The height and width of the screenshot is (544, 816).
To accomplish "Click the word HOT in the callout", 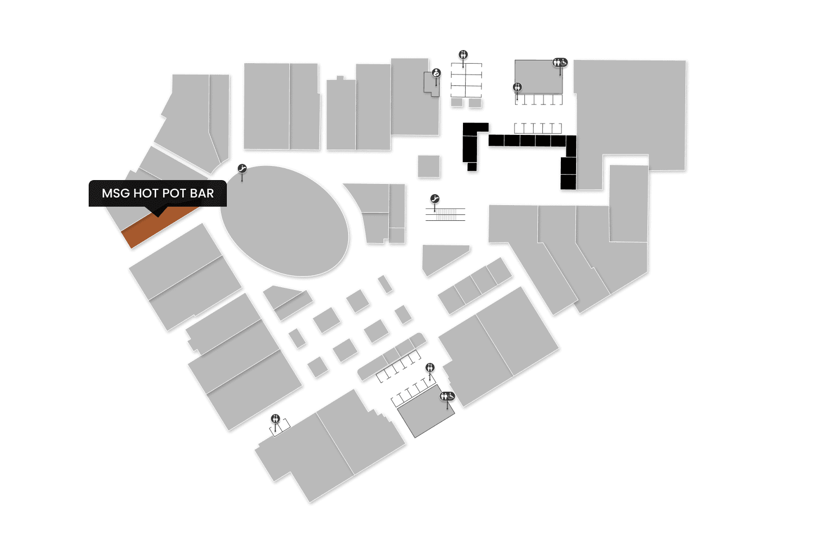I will point(146,193).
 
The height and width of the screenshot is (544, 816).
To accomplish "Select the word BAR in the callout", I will point(201,193).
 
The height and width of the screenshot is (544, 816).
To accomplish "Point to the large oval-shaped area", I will point(284,220).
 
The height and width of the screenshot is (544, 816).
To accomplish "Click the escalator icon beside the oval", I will point(242,169).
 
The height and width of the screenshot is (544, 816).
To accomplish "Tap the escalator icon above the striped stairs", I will point(435,199).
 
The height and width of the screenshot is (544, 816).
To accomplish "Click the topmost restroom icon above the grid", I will point(463,54).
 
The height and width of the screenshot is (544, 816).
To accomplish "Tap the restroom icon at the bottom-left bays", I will point(276,418).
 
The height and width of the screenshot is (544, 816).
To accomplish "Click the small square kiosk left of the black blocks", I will point(429,166).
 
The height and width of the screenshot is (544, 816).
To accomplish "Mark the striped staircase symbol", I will point(446,214).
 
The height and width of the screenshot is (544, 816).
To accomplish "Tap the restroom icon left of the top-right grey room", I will point(517,87).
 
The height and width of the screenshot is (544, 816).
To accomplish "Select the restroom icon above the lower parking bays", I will point(430,368).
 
